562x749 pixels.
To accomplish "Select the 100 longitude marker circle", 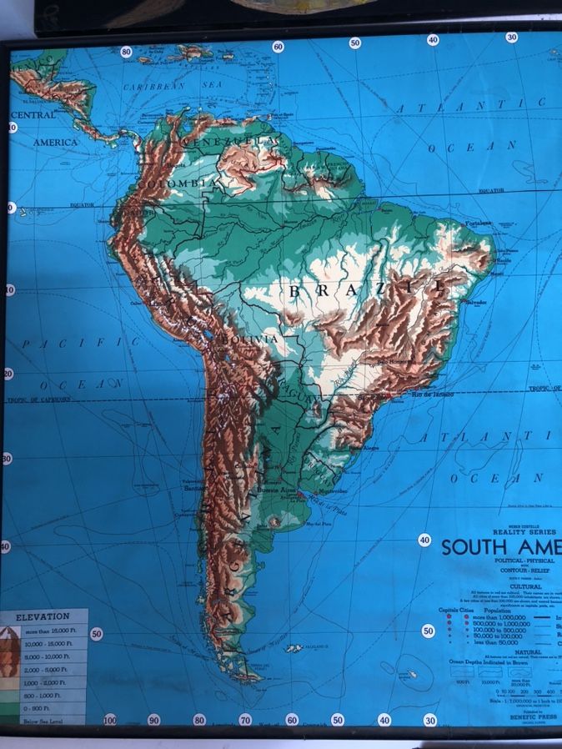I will (110, 719).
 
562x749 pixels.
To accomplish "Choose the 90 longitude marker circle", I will (153, 719).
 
